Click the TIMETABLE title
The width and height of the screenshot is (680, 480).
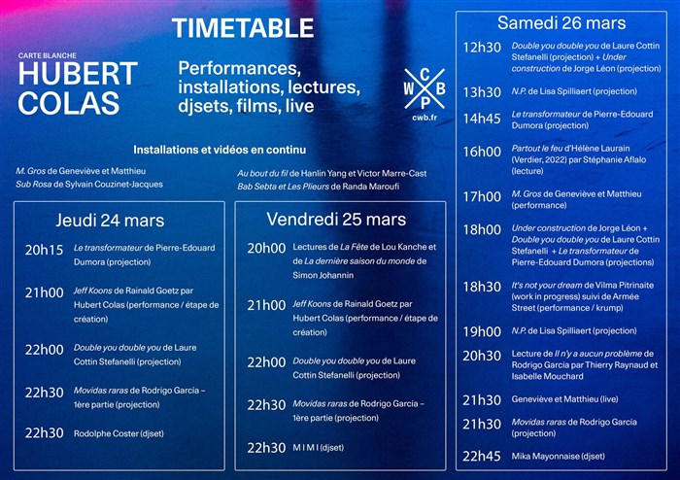coord(243,28)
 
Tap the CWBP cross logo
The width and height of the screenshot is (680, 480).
coord(425,88)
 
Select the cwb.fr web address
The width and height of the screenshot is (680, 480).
coord(425,118)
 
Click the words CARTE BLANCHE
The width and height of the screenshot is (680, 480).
coord(48,55)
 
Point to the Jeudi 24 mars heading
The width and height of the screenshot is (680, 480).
coord(110,221)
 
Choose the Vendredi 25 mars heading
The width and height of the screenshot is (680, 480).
coord(336,220)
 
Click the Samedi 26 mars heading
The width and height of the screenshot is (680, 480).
coord(561,23)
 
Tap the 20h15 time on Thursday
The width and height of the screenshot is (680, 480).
coord(44,250)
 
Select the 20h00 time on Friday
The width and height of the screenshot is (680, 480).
coord(266,249)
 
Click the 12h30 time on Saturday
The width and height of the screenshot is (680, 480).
coord(482,48)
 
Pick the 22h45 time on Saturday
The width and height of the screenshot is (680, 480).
coord(482,456)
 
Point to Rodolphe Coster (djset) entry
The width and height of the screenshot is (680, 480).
coord(119,433)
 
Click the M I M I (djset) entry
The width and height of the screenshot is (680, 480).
coord(319,448)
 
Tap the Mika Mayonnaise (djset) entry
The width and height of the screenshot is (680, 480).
coord(559,456)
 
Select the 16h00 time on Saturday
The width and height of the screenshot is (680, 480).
coord(482,152)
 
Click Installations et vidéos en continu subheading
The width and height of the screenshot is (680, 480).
coord(220,150)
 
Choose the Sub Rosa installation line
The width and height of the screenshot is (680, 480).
coord(89,185)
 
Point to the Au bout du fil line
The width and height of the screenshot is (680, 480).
coord(332,174)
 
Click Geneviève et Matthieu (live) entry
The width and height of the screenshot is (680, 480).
coord(564,399)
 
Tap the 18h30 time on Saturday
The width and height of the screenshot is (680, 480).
coord(482,287)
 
